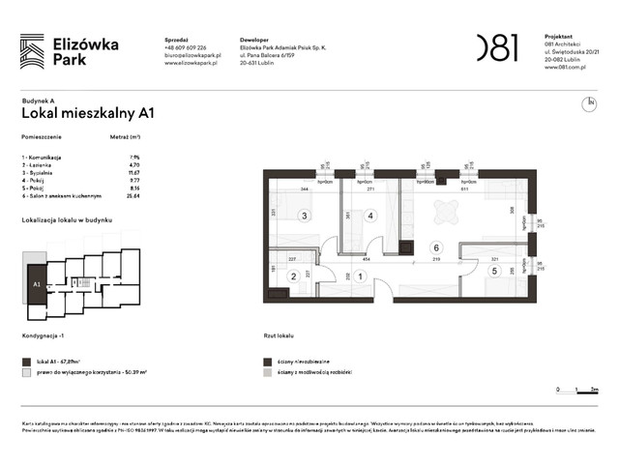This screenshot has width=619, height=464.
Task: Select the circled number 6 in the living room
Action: pyautogui.click(x=436, y=246)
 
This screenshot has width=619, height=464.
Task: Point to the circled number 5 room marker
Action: pyautogui.click(x=493, y=272)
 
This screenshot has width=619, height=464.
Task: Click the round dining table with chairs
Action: pyautogui.click(x=446, y=208)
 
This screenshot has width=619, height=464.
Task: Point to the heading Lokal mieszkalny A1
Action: pyautogui.click(x=88, y=113)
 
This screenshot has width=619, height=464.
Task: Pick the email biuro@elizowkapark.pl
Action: pyautogui.click(x=192, y=56)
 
